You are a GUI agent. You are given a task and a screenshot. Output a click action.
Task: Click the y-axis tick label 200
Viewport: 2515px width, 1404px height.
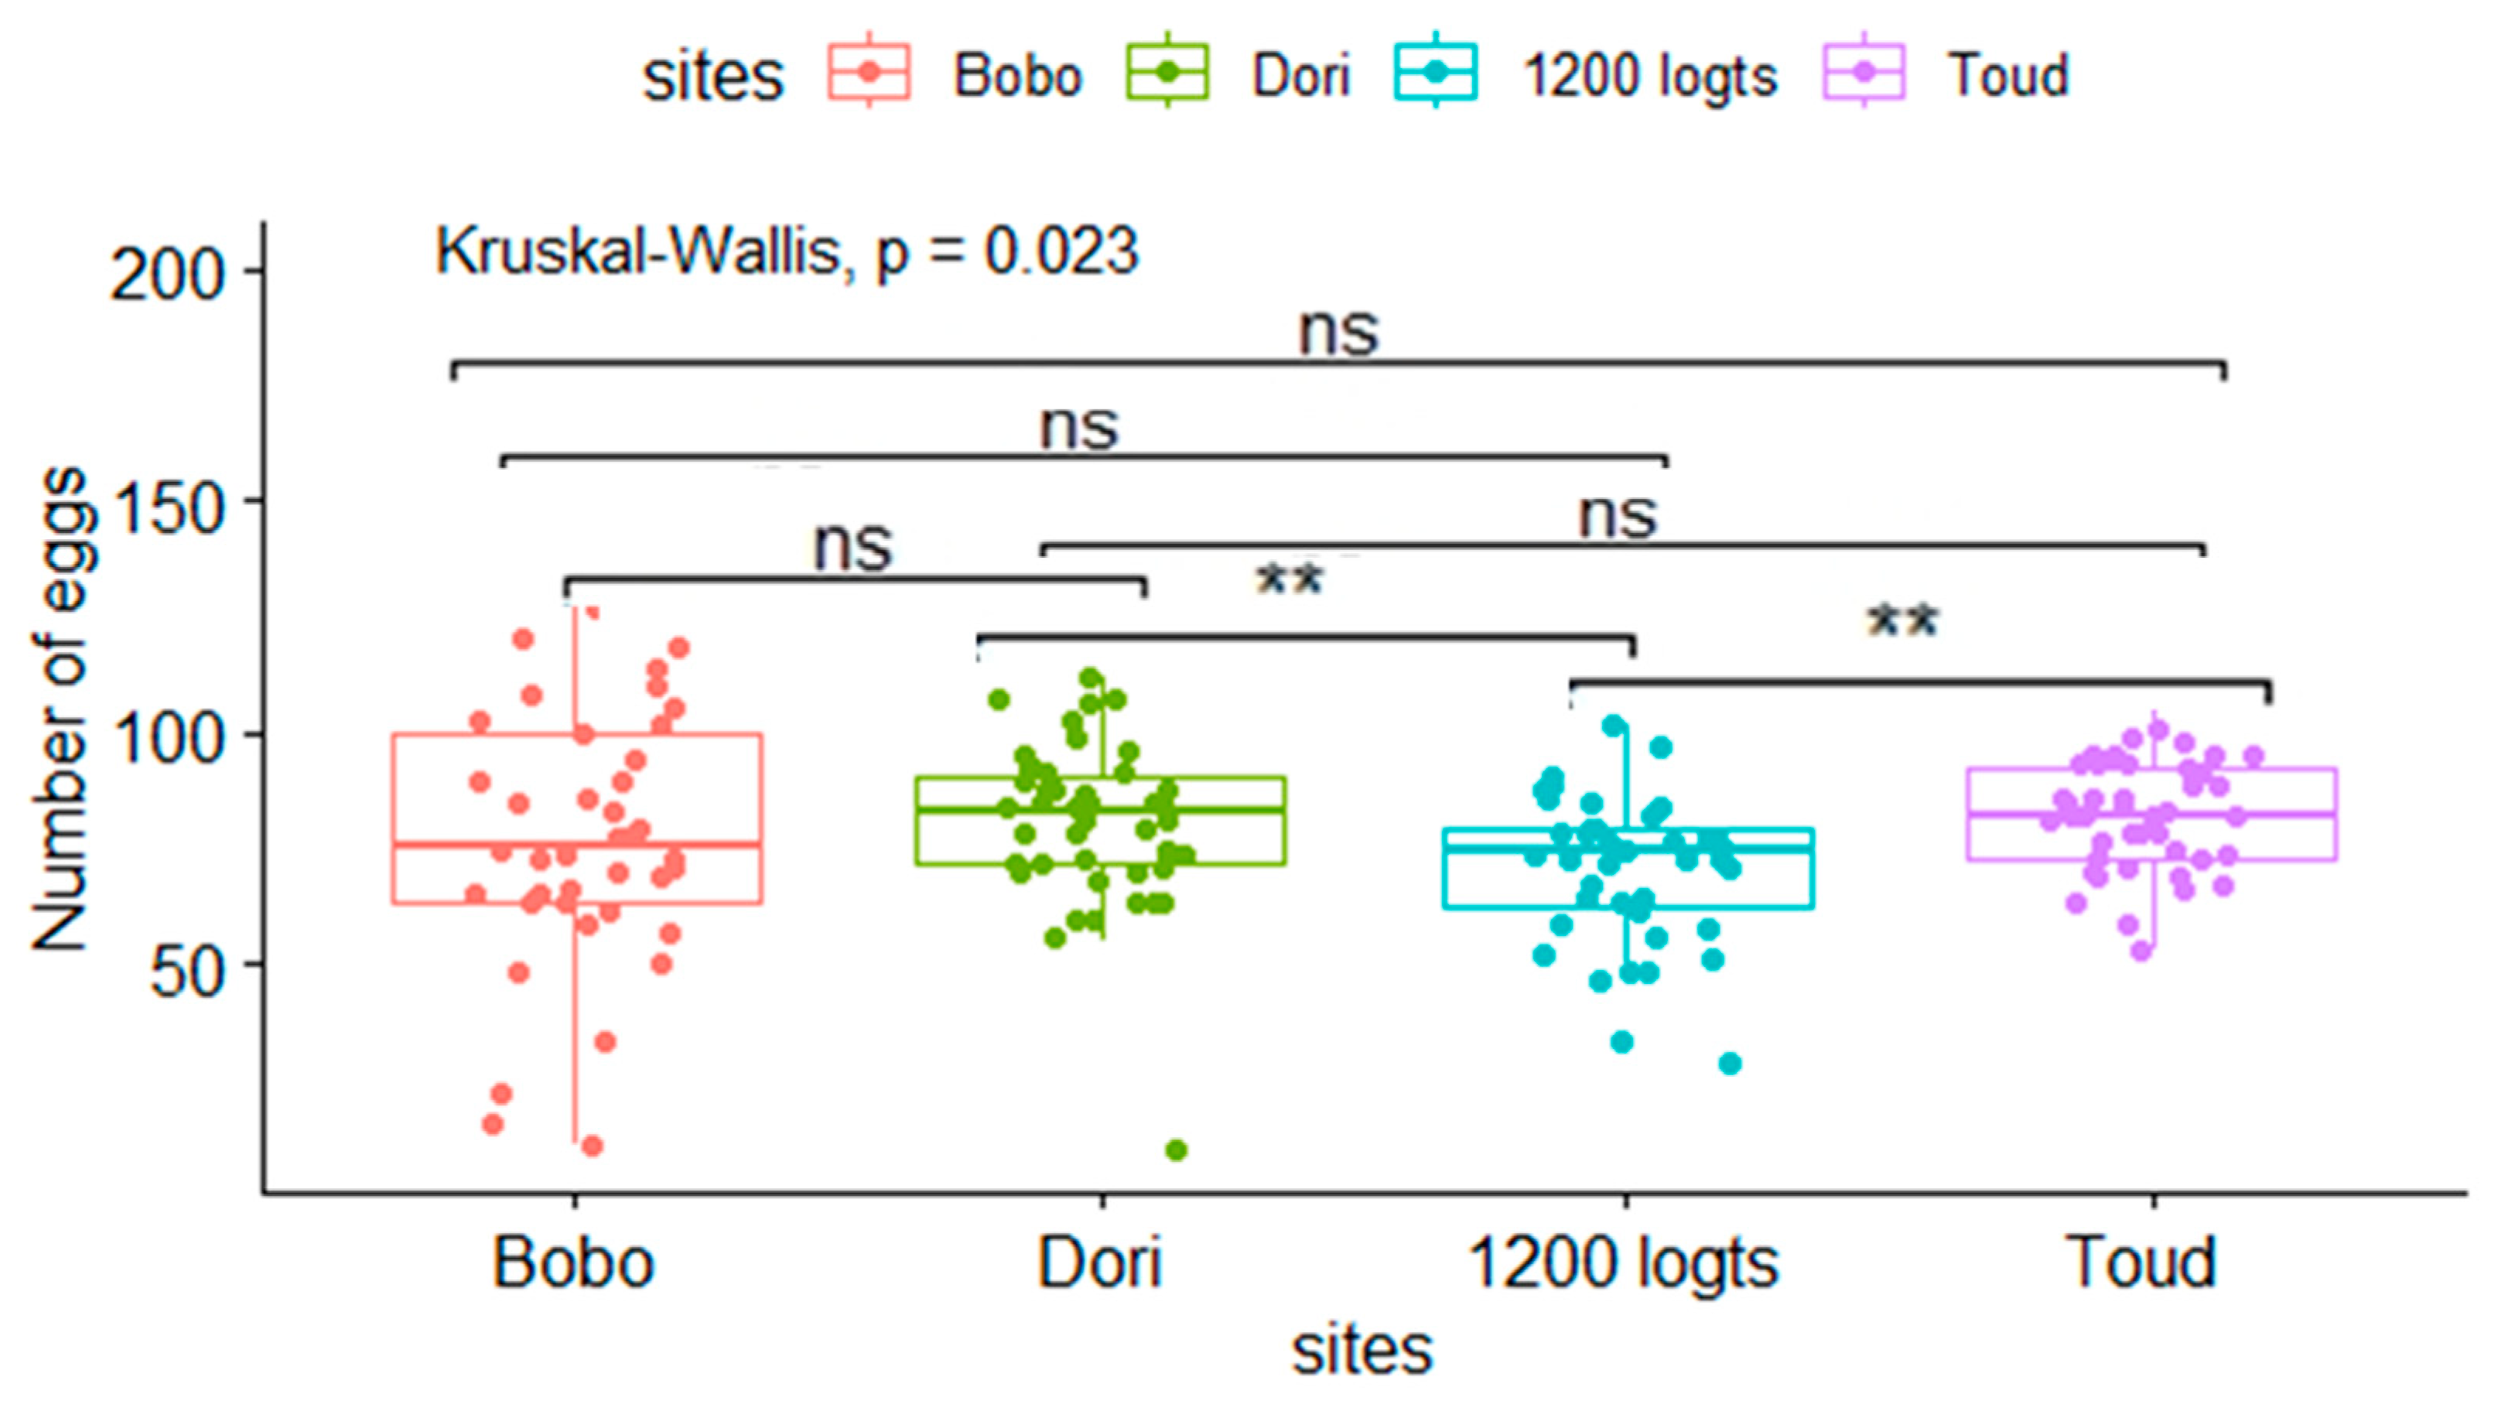pos(167,275)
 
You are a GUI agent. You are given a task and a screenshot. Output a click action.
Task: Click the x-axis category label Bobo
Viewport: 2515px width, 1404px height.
pos(573,1263)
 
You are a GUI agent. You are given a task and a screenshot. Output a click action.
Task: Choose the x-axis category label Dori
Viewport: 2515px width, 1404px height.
pos(1099,1263)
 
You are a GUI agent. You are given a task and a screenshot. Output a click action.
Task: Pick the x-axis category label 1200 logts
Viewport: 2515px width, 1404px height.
pos(1624,1263)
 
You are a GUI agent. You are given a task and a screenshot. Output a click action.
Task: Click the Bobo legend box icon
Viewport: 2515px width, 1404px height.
pos(869,72)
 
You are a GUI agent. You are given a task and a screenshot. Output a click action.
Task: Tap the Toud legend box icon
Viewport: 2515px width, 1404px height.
pos(1864,72)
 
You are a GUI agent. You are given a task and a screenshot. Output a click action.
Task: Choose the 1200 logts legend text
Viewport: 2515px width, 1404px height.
pos(1651,76)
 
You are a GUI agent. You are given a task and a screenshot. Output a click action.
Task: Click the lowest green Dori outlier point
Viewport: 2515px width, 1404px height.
pos(1177,1150)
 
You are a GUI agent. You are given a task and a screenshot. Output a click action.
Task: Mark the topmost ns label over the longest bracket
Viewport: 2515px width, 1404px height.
pos(1338,332)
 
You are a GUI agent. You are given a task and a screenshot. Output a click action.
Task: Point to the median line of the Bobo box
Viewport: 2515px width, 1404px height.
pos(576,844)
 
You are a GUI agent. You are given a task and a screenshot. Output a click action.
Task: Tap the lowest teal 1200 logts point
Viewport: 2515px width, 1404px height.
pos(1729,1064)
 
